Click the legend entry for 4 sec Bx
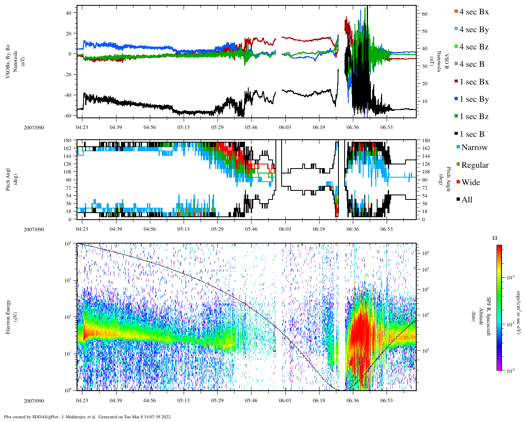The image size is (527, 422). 474,12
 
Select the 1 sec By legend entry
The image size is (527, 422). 474,99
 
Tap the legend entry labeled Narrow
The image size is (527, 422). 474,148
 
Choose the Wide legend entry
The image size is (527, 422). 470,183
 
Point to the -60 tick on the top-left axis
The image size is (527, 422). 67,115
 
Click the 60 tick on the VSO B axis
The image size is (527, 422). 424,14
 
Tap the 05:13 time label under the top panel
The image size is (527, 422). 184,127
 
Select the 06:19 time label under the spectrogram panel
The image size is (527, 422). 319,401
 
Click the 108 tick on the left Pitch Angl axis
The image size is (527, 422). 67,172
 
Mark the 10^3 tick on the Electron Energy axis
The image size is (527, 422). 68,280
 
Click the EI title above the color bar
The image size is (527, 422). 495,238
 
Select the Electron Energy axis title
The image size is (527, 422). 8,316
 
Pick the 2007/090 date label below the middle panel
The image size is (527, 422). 34,230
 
